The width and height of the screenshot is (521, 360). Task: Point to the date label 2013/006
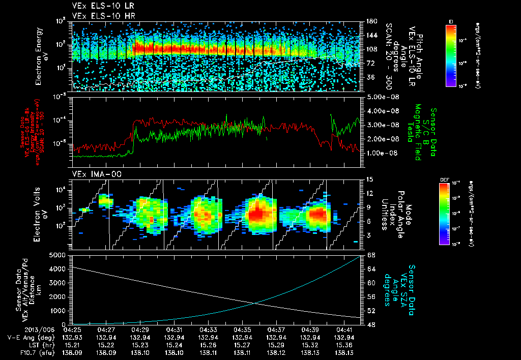pyautogui.click(x=17, y=330)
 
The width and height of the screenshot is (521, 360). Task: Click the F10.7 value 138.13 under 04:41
pyautogui.click(x=344, y=351)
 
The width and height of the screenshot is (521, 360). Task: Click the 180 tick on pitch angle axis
pyautogui.click(x=370, y=21)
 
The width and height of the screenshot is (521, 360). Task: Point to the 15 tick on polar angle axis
pyautogui.click(x=369, y=179)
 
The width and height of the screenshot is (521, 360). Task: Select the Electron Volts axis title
pyautogui.click(x=40, y=214)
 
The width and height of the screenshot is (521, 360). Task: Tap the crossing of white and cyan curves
pyautogui.click(x=255, y=304)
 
